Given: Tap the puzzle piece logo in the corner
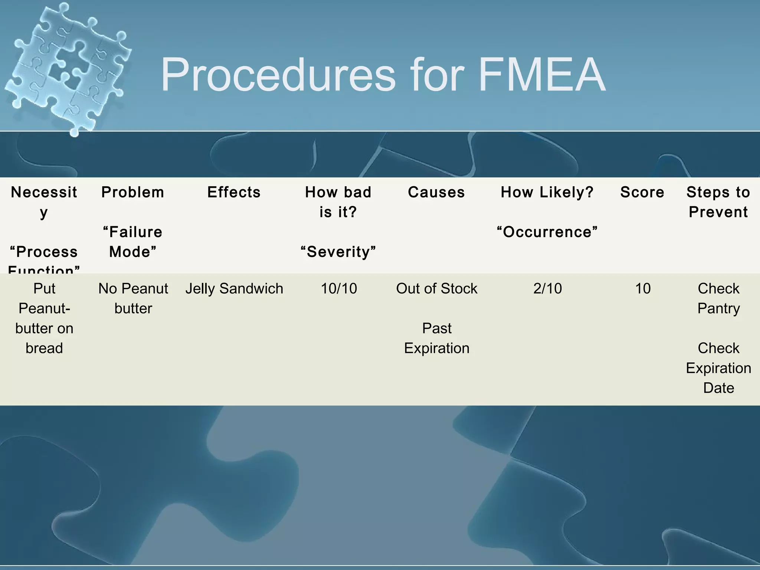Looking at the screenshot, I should (x=67, y=67).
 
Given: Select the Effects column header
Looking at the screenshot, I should (x=234, y=192).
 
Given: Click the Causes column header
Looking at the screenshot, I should (x=436, y=192).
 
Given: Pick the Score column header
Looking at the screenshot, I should (x=642, y=192).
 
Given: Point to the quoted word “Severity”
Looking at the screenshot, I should (x=338, y=252).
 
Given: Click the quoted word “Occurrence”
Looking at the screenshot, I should (x=547, y=232).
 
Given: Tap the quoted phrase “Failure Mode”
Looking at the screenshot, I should (x=133, y=242).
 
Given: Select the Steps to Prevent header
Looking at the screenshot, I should (x=718, y=202).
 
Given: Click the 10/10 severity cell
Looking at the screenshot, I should (x=339, y=288).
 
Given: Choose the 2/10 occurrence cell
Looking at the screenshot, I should (x=547, y=288).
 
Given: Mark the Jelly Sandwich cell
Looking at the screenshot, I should (x=234, y=288).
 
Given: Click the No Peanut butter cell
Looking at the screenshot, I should (x=133, y=298).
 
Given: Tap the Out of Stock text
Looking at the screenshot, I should (x=437, y=288).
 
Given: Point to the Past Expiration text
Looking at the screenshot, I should (x=437, y=338).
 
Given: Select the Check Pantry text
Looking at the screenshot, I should (x=718, y=298).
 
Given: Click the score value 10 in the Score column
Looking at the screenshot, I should (x=643, y=288).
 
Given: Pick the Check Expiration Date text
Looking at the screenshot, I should (x=718, y=368).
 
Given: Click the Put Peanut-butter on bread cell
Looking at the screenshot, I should (x=44, y=318).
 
